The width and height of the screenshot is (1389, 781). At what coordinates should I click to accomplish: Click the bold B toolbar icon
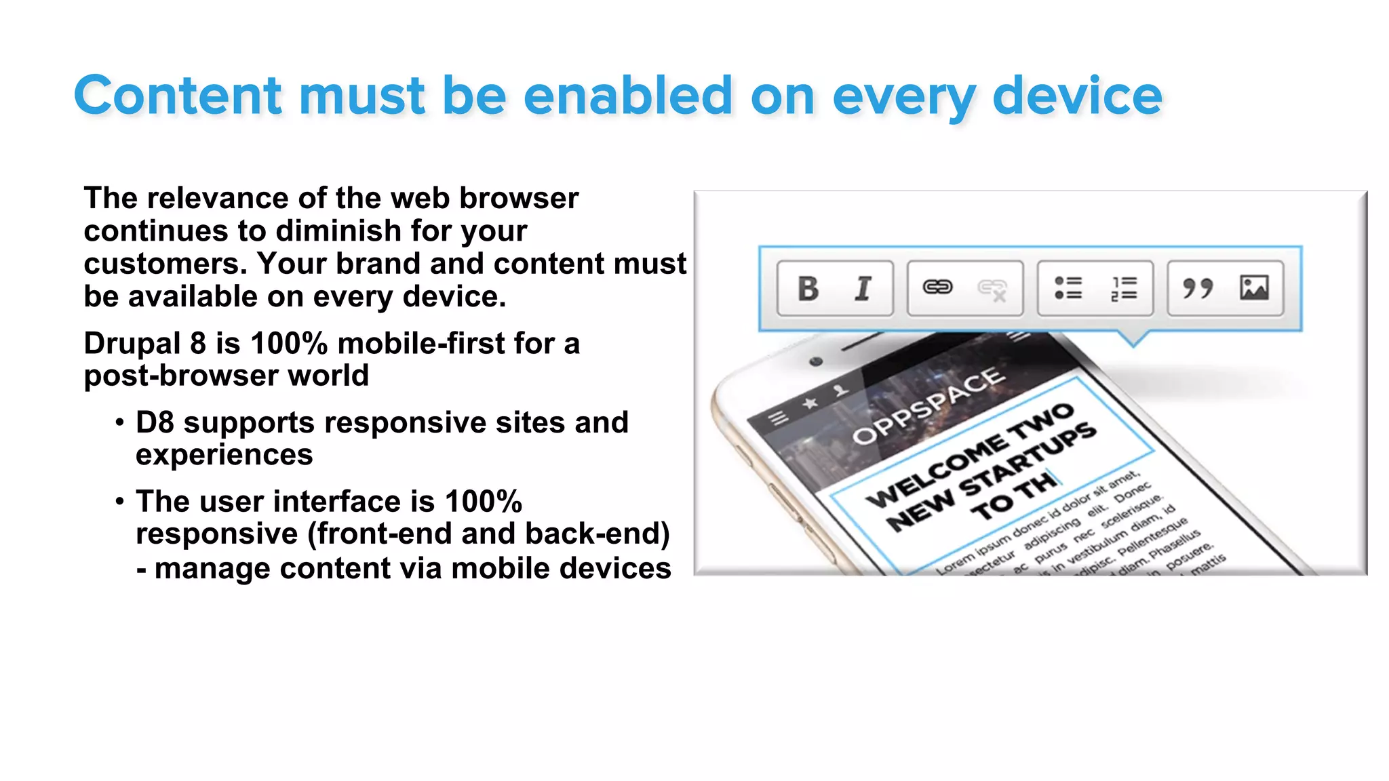pyautogui.click(x=808, y=289)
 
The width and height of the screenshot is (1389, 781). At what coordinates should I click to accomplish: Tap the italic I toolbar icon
pyautogui.click(x=863, y=289)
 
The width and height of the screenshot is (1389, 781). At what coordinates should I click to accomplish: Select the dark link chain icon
pyautogui.click(x=937, y=287)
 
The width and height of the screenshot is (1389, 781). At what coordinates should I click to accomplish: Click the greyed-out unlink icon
pyautogui.click(x=992, y=289)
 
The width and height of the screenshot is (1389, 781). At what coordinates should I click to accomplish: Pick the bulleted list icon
pyautogui.click(x=1068, y=288)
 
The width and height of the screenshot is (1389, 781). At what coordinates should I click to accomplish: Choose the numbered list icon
pyautogui.click(x=1124, y=288)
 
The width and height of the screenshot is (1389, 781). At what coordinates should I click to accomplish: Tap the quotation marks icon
pyautogui.click(x=1198, y=288)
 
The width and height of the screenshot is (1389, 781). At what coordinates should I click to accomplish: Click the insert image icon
pyautogui.click(x=1254, y=288)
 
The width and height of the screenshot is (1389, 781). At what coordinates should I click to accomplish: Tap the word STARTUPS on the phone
pyautogui.click(x=1028, y=460)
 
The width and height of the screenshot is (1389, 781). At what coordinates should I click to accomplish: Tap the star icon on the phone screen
pyautogui.click(x=810, y=404)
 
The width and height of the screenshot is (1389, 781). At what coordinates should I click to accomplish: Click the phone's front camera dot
pyautogui.click(x=816, y=362)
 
